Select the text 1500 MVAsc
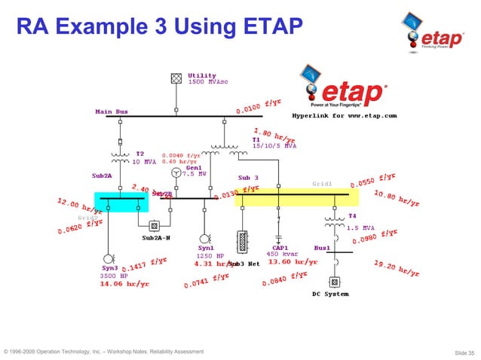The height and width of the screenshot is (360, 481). click(208, 81)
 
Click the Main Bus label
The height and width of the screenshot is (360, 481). click(111, 111)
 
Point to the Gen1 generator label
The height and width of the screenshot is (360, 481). click(194, 167)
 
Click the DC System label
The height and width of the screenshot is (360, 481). click(330, 294)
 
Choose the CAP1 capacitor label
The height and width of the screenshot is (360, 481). click(280, 247)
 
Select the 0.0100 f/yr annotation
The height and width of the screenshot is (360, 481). click(259, 108)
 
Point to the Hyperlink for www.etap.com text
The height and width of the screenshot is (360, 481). click(344, 116)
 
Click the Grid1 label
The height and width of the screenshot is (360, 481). click(322, 183)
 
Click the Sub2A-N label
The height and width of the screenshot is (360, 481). click(158, 238)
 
